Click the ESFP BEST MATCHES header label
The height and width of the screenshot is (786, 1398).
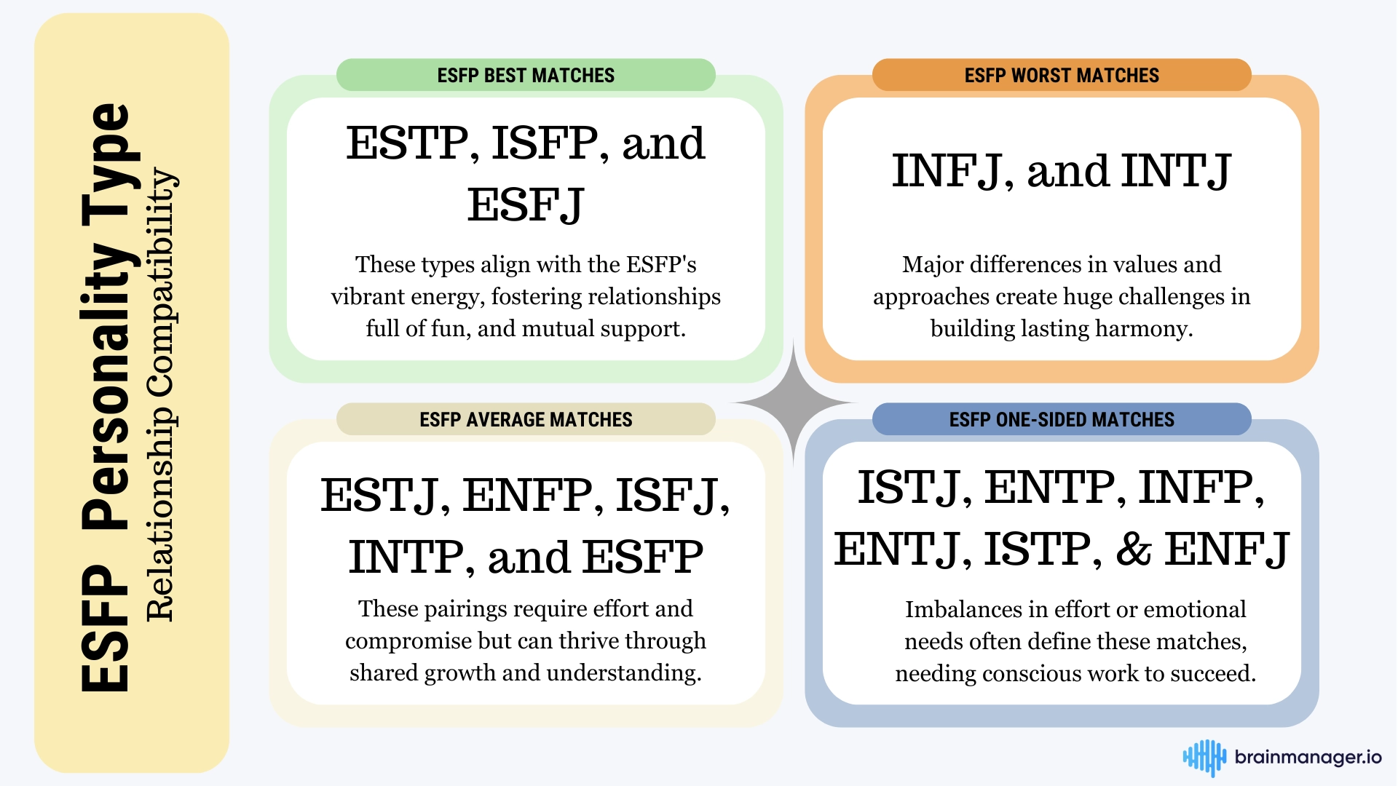pos(526,75)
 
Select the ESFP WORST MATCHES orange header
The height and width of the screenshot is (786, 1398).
pos(1062,75)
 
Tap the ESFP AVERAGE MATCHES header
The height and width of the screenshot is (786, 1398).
pos(526,419)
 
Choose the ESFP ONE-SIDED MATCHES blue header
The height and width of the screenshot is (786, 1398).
pos(1062,419)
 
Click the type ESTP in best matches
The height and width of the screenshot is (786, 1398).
pos(406,143)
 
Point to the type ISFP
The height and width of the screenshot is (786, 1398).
pos(545,143)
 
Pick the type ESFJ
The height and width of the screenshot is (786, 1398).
pos(526,205)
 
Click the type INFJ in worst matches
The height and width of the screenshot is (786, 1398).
pos(947,171)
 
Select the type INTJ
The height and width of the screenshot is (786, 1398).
pos(1176,171)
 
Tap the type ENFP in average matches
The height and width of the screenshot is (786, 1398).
pos(528,495)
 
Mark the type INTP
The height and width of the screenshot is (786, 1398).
pos(405,557)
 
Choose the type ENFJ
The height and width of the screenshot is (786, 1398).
pos(1227,549)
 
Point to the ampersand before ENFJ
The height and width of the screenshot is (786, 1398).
pos(1134,549)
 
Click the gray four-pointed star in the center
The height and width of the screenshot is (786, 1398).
pos(794,402)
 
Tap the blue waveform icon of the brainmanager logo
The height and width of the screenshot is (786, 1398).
pos(1204,758)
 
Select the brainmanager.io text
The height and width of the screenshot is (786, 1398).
pos(1308,757)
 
